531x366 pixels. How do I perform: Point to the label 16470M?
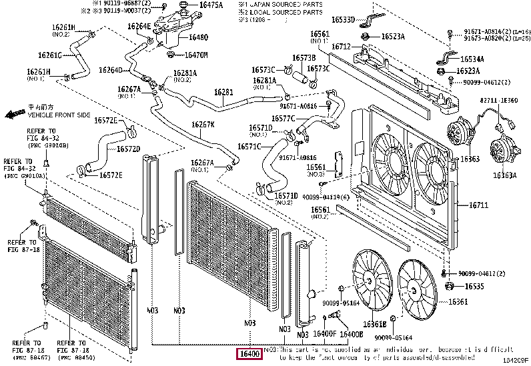196,55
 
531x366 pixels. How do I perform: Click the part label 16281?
223,92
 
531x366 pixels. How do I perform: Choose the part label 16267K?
203,125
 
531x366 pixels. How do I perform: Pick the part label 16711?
478,205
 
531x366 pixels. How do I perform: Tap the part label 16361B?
374,324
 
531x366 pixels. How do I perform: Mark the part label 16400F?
324,333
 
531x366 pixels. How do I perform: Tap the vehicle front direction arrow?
13,114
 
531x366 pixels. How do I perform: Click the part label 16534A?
471,59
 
